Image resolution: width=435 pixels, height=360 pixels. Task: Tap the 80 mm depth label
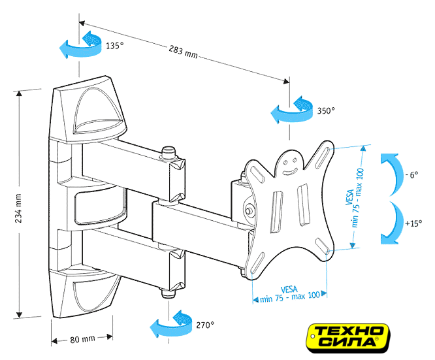[x=82, y=339]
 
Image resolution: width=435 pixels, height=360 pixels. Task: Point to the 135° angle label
[x=114, y=46]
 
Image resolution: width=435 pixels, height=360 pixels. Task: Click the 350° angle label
[x=326, y=110]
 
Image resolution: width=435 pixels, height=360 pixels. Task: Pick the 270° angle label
[x=204, y=324]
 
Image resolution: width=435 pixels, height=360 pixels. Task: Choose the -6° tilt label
[x=411, y=175]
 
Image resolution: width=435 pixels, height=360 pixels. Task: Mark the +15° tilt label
[x=413, y=223]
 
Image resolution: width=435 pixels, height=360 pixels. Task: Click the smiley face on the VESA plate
[x=289, y=163]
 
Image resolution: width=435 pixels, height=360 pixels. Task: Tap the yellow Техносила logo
[x=350, y=335]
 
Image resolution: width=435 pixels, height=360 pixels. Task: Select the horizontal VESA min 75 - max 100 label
[x=291, y=293]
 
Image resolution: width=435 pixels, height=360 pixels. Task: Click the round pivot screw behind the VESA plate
[x=250, y=211]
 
